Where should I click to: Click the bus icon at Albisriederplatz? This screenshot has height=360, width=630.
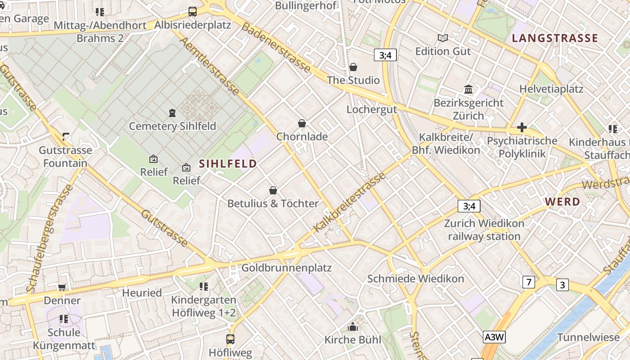[192, 12]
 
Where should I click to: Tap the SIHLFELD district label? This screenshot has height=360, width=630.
[228, 164]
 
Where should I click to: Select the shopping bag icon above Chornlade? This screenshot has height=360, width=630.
[302, 123]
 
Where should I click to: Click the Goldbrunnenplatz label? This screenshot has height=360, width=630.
[286, 268]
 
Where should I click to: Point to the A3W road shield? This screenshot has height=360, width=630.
[495, 337]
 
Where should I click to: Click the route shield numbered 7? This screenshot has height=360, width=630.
[528, 282]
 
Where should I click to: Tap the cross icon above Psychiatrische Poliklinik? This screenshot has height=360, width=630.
[522, 128]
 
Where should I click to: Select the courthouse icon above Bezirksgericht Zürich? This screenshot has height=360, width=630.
[468, 90]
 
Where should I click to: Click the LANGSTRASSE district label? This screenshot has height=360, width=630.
[555, 38]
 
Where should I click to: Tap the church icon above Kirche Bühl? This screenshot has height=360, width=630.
[353, 327]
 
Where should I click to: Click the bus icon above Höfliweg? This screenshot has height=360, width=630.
[230, 339]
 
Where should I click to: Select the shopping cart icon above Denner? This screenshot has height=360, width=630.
[62, 287]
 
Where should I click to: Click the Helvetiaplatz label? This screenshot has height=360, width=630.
[551, 89]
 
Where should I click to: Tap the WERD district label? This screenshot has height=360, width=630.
[562, 202]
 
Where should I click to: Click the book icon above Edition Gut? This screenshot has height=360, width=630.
[443, 38]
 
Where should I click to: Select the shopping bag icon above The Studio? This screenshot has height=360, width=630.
[353, 67]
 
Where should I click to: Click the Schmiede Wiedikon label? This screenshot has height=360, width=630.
[415, 279]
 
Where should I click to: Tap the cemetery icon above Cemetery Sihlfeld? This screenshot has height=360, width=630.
[172, 112]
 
